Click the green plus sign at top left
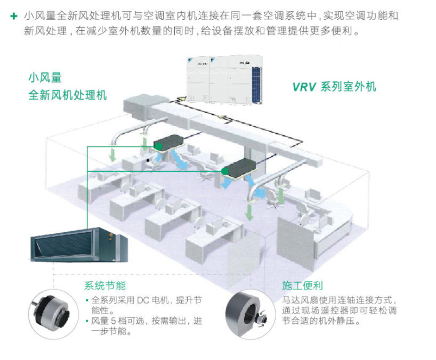[14, 16]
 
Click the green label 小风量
[45, 78]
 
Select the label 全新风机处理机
[68, 95]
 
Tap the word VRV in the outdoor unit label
[304, 87]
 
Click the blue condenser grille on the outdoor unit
[256, 84]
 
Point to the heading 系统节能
[105, 285]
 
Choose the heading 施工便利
[303, 285]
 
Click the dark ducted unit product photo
[79, 245]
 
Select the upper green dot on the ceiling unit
[158, 146]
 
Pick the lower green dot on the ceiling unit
[225, 171]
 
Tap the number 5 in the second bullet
[114, 321]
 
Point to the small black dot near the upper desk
[148, 160]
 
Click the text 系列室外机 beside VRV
[349, 87]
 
